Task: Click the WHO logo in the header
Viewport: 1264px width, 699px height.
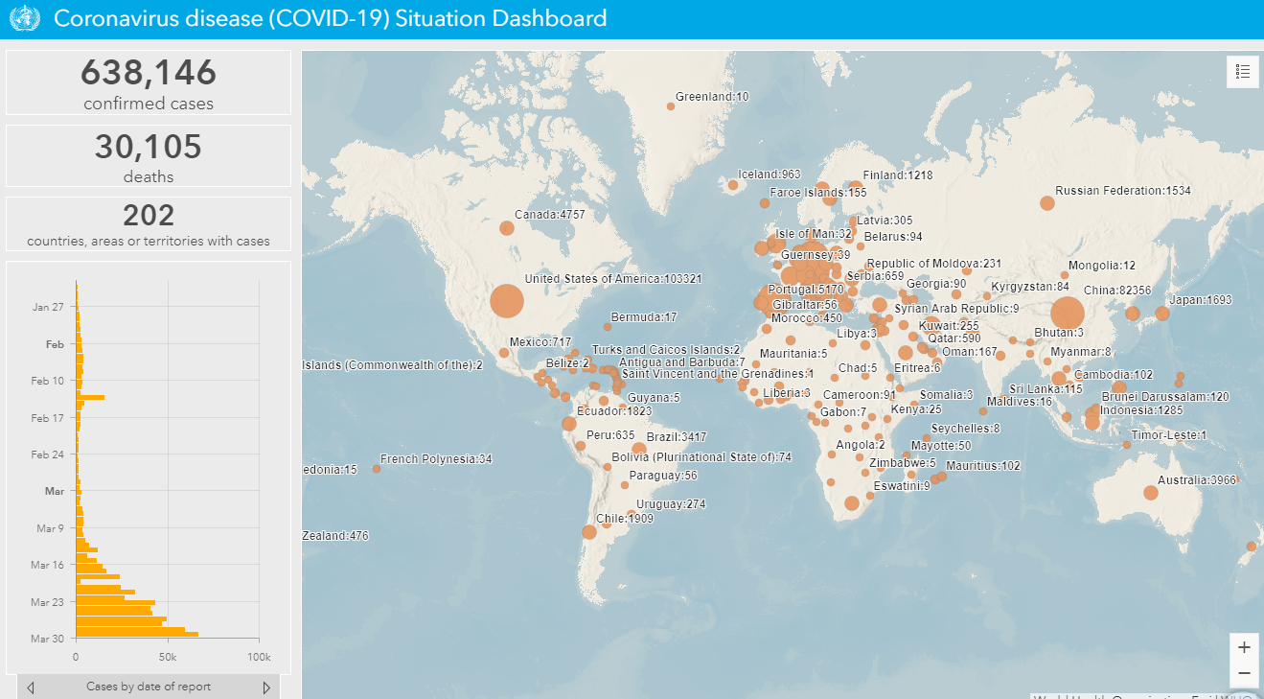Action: click(23, 19)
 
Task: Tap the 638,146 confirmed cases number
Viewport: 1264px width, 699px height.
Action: click(149, 73)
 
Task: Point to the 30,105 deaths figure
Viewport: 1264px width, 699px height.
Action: click(149, 147)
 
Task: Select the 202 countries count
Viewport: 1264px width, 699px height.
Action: click(149, 215)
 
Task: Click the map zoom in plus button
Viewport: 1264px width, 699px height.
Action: click(1244, 646)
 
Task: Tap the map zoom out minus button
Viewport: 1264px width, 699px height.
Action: click(1244, 673)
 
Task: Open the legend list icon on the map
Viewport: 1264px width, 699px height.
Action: click(1243, 71)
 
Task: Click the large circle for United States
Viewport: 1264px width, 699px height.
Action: click(507, 301)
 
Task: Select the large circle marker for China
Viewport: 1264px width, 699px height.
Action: click(1067, 314)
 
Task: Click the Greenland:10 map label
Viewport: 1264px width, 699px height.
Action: click(712, 97)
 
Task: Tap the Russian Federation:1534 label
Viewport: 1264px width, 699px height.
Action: click(1123, 191)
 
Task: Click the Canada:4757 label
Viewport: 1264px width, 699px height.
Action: click(549, 215)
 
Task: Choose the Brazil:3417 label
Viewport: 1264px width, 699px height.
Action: click(677, 437)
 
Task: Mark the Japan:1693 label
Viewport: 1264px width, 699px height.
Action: click(1201, 300)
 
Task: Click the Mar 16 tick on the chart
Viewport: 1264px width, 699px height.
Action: click(47, 565)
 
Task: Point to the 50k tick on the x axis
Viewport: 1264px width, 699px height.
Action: click(167, 657)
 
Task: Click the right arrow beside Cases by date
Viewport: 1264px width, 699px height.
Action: click(266, 687)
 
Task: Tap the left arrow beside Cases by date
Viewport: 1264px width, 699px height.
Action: click(32, 687)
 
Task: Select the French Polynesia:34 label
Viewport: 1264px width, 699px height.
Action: click(436, 459)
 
